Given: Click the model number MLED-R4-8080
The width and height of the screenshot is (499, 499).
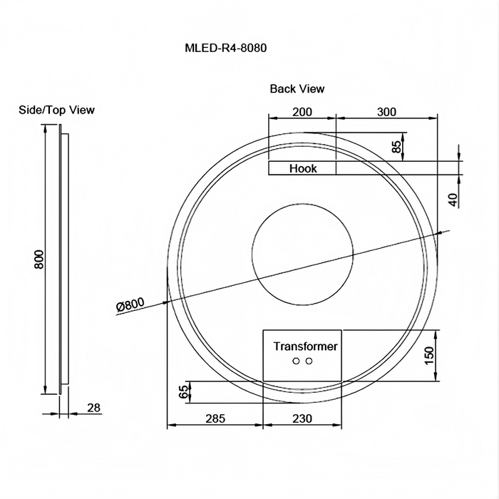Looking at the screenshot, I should pos(226,49).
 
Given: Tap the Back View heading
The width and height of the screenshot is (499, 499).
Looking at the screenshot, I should pos(297,89).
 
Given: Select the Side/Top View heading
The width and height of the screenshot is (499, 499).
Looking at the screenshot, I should pos(56,110).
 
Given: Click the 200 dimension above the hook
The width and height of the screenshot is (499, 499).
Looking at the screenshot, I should pos(302,112).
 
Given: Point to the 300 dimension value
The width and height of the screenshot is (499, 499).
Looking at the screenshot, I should pos(386,112).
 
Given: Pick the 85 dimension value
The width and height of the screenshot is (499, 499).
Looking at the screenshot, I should pos(397,148).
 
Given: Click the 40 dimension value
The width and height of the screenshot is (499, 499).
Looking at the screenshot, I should pos(453,199).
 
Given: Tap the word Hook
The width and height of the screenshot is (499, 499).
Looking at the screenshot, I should pos(303,169).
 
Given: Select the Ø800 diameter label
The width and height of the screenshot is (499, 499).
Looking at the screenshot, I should pos(130,304).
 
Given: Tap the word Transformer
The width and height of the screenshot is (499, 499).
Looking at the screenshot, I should pos(306,346).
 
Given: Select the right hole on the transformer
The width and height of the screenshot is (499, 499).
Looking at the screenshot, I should pos(309,361).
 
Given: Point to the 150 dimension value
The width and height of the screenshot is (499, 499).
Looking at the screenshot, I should pos(429,355).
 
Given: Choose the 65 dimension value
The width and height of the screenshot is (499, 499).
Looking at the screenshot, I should pos(183,391).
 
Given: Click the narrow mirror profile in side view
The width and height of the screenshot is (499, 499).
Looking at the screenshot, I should pos(65,260).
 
